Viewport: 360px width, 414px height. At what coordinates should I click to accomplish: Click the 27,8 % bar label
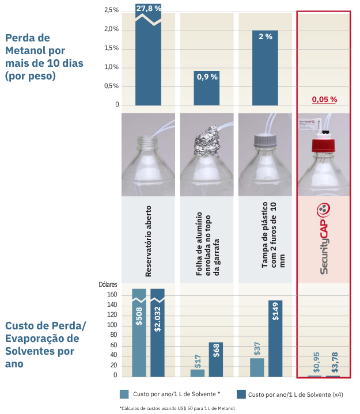149,7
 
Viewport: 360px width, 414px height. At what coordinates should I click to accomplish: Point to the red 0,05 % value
324,99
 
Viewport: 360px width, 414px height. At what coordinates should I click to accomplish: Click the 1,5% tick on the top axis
111,48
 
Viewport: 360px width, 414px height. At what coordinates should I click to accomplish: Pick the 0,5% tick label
111,86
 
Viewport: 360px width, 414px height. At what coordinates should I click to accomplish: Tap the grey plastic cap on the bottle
264,139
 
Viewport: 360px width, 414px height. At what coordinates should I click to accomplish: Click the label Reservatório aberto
149,241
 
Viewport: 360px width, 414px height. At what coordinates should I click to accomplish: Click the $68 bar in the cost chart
216,359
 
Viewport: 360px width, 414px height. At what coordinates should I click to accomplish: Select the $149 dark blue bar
275,338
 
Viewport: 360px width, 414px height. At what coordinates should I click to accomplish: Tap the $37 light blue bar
257,367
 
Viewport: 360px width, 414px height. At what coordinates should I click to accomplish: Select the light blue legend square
124,394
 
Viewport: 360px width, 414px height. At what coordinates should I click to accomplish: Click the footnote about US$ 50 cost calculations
177,408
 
